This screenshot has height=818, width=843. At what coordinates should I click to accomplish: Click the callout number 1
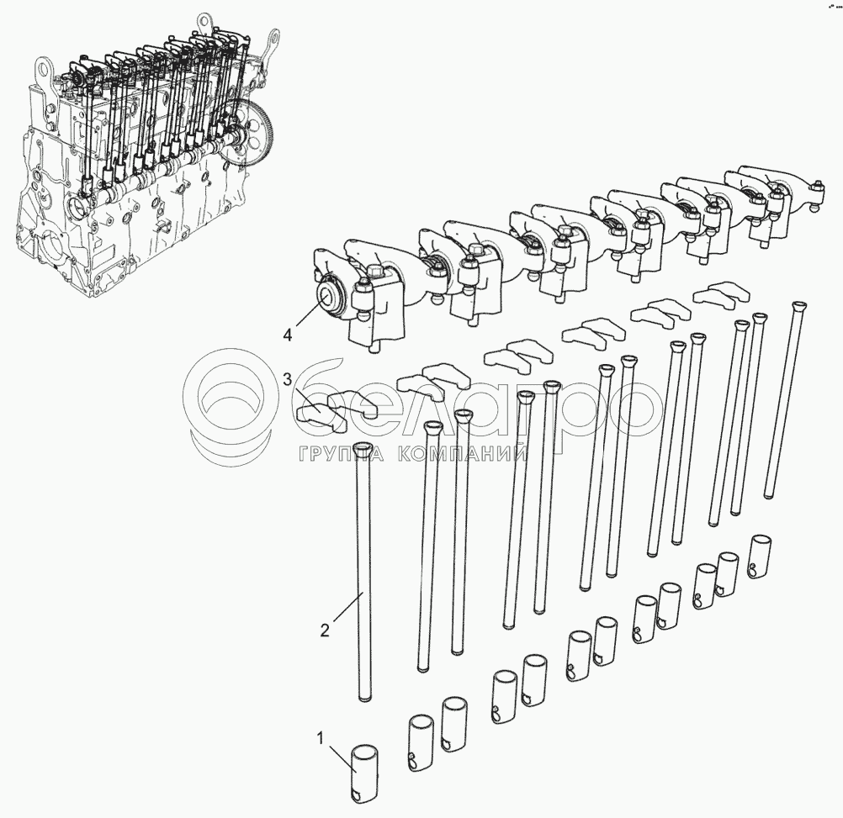point(321,738)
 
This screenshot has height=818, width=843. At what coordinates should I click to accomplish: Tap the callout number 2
point(324,630)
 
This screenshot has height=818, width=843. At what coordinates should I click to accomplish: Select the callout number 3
point(288,380)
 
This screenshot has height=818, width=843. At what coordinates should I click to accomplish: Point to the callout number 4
point(288,335)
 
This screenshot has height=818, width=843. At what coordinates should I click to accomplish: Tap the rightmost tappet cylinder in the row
point(761,557)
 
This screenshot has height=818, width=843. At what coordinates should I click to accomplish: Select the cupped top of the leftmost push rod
point(364,447)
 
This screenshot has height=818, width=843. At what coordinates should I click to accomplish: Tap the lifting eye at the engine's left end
point(43,70)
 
